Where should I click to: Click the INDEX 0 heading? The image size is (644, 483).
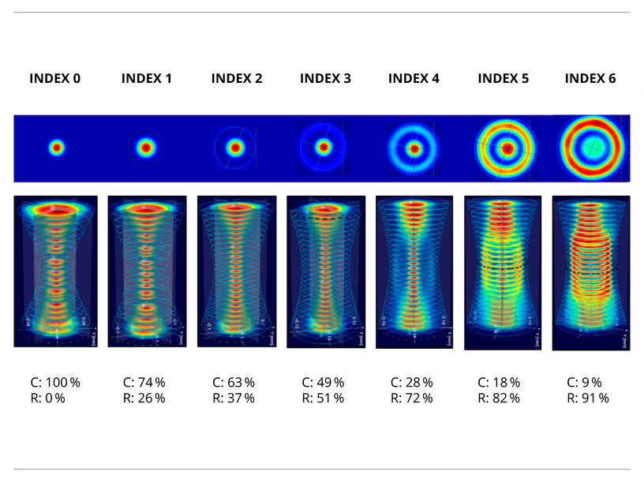coord(54,78)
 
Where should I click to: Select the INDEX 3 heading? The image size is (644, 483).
coord(325,78)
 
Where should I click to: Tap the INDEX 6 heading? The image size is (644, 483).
coord(590,78)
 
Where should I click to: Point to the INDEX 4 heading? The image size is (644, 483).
coord(414,78)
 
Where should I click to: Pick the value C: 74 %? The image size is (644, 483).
coord(144,383)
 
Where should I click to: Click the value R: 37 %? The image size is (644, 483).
coord(234,399)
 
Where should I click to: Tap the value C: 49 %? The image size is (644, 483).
coord(323,383)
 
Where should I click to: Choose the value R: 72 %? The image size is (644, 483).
coord(412,399)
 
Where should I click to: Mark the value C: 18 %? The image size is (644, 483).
coord(499,383)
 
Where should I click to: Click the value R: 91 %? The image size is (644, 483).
coord(588,399)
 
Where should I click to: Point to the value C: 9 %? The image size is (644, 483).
coord(584,383)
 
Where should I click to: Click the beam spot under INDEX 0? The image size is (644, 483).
coord(56,148)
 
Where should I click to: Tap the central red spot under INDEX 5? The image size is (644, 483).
coord(507,148)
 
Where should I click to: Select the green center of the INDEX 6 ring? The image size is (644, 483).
coord(593,147)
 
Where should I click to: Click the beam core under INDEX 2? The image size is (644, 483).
coord(234,148)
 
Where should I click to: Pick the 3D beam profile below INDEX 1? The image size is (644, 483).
coord(147,271)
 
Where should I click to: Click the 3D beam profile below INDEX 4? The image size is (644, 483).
coord(414,272)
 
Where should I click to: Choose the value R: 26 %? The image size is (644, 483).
coord(144,399)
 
